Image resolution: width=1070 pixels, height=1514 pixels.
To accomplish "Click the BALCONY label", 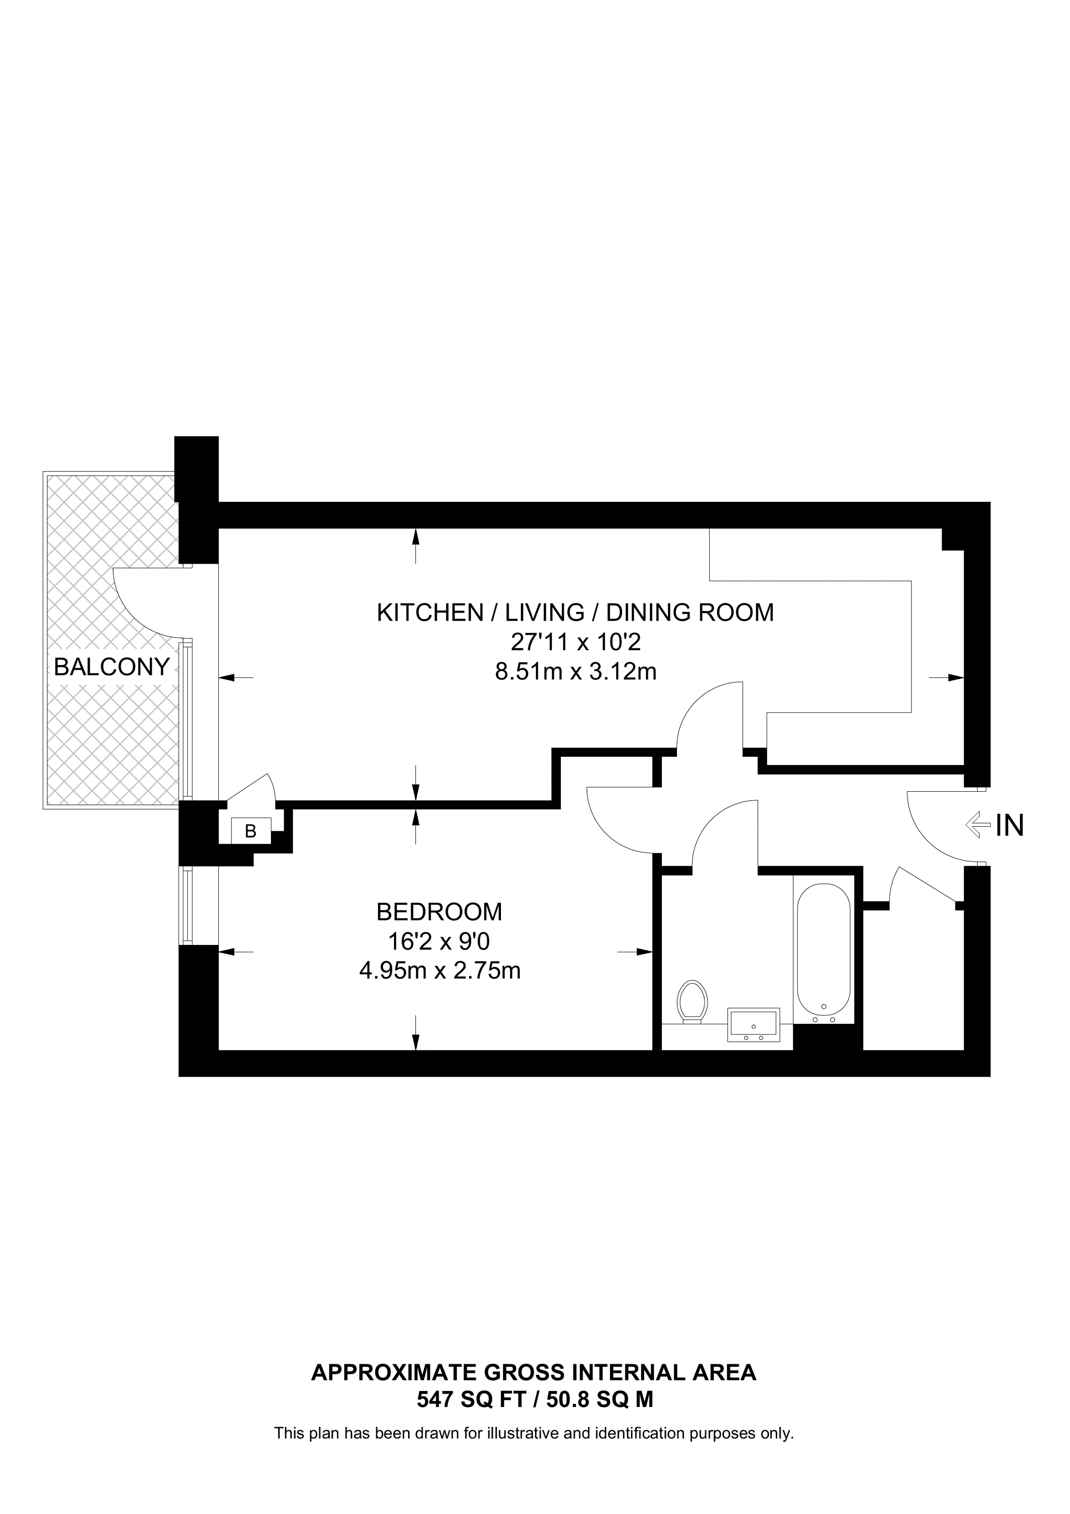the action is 111,667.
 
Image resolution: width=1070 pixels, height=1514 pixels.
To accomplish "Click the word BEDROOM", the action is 439,912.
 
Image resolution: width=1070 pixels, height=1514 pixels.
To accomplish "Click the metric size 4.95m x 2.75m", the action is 440,971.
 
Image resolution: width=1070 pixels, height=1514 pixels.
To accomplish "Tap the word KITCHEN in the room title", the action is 430,613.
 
